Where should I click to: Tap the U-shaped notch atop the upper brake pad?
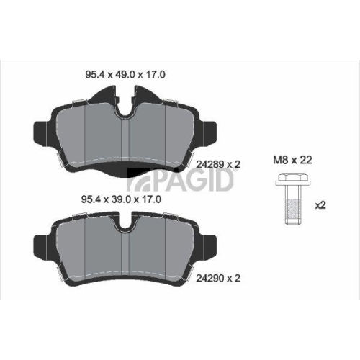(126, 108)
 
